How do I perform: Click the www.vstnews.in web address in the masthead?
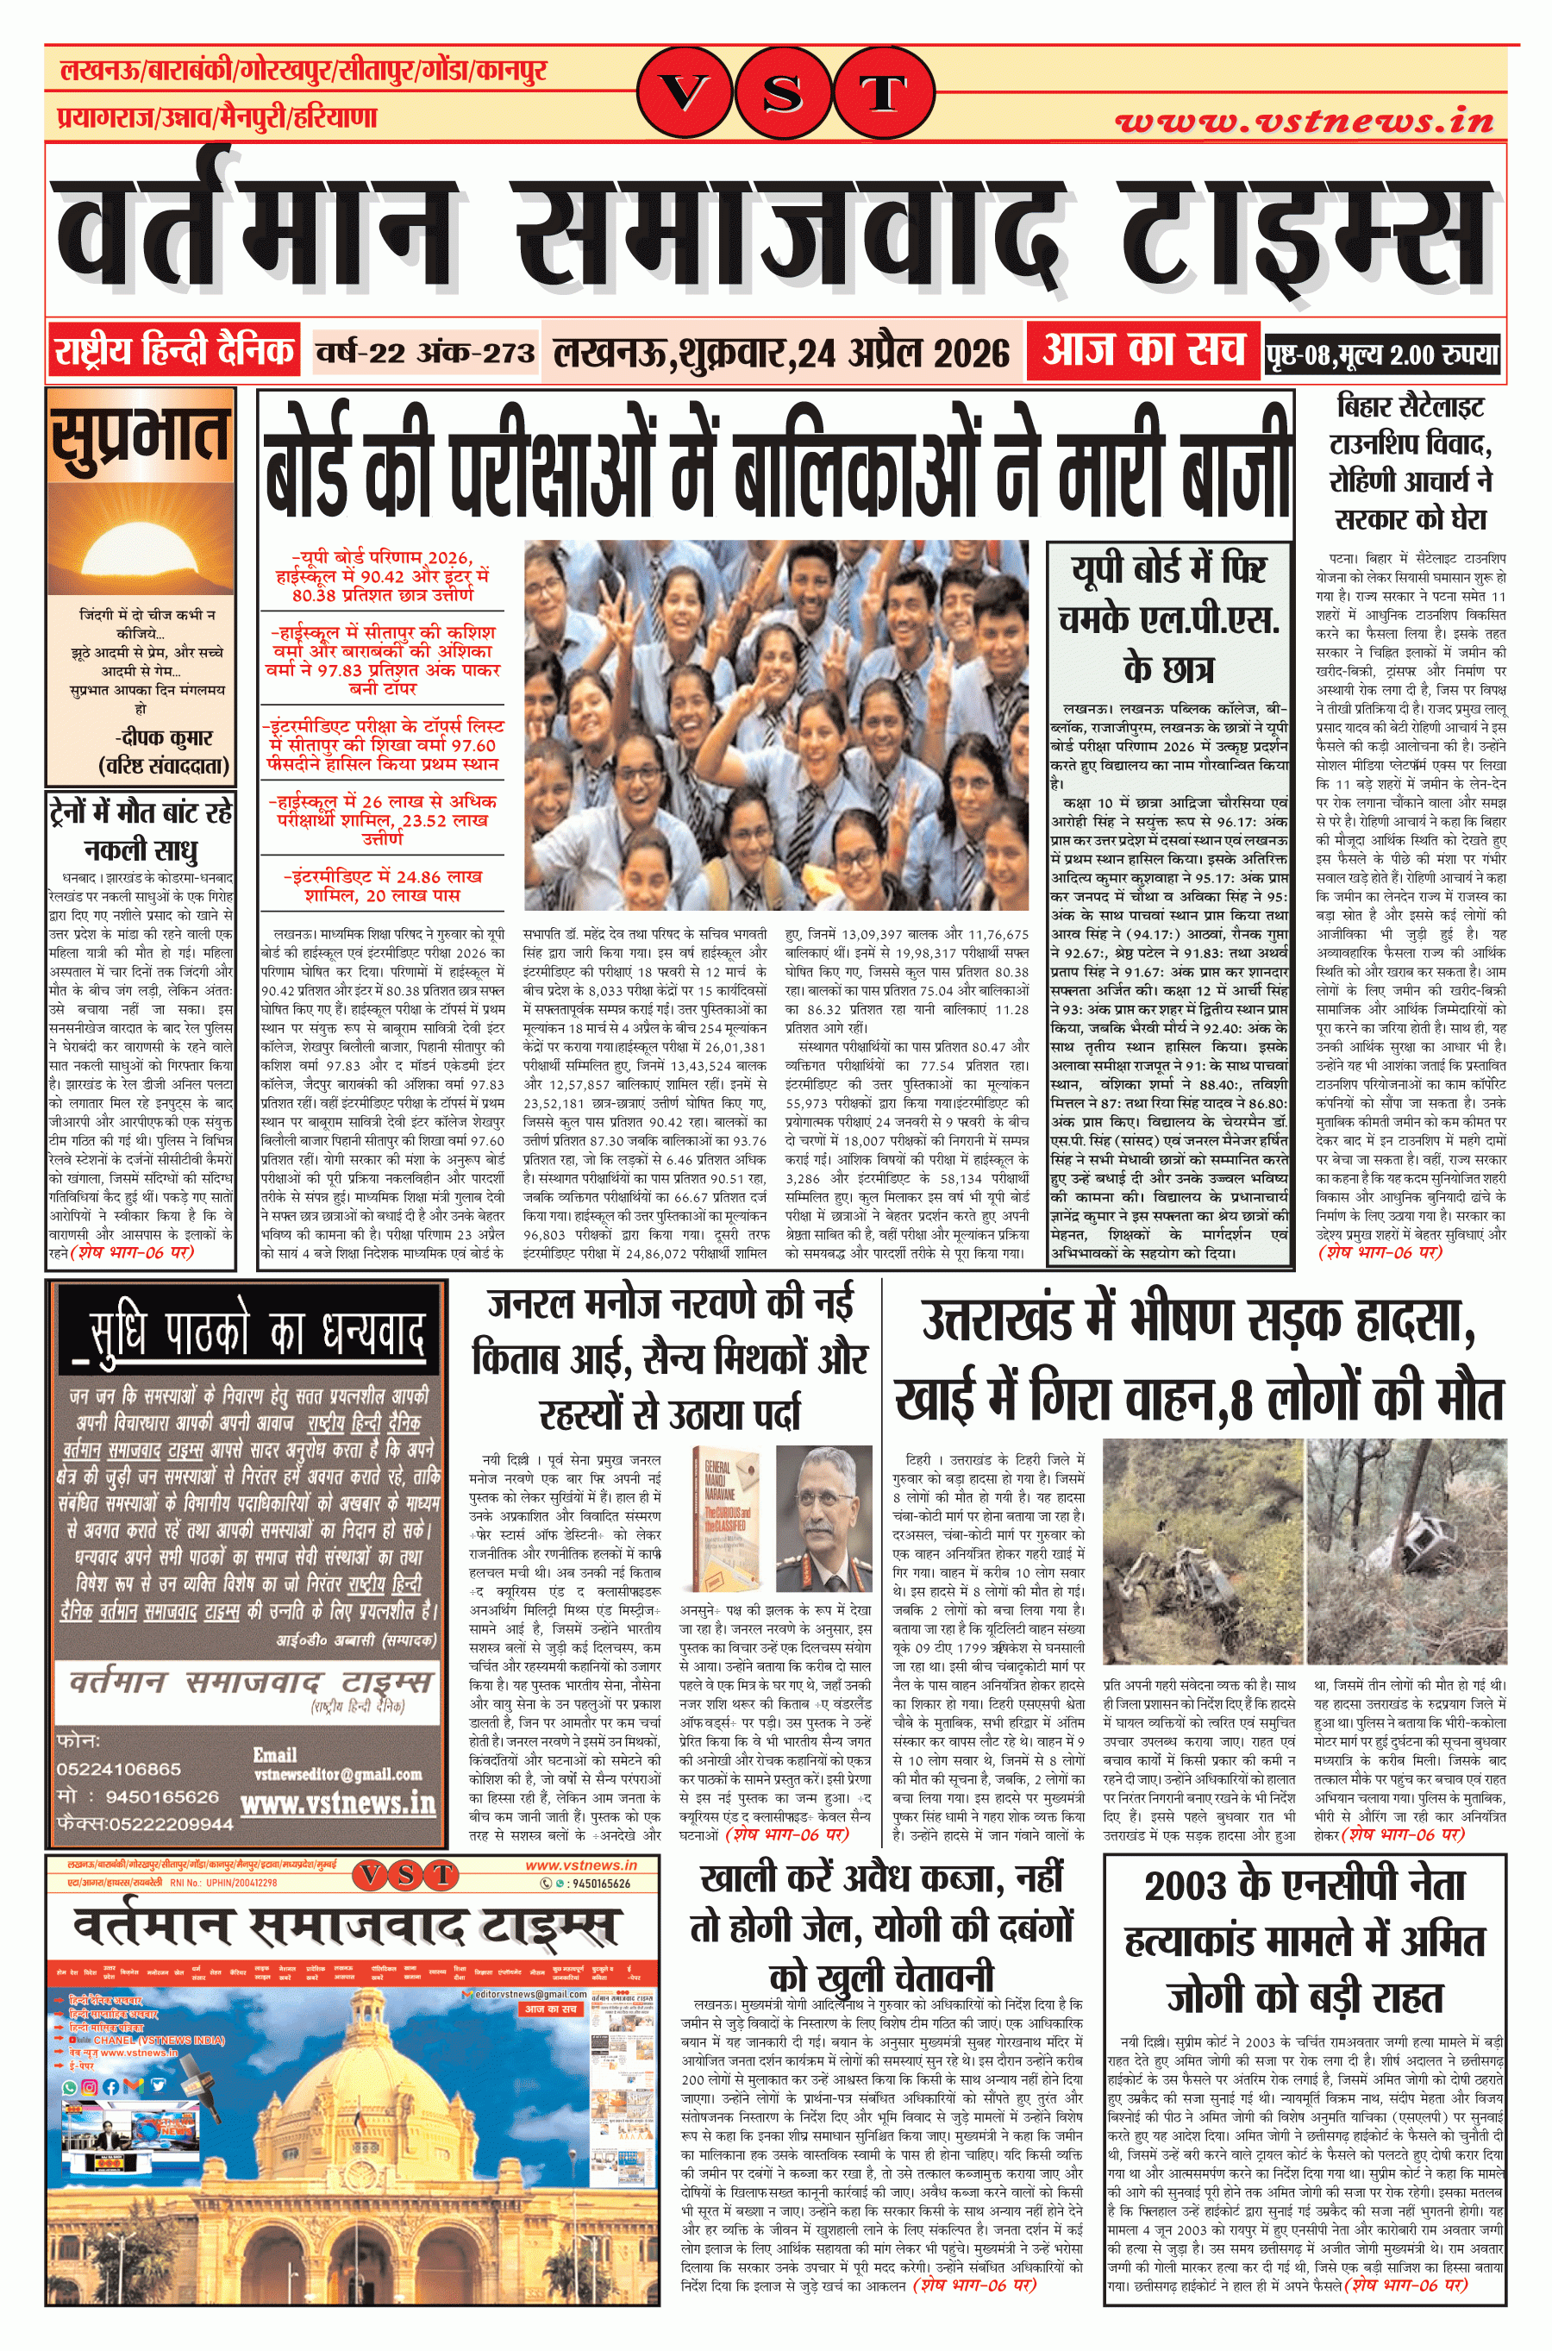click(x=1304, y=122)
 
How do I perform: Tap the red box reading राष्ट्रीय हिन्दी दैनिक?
click(x=174, y=349)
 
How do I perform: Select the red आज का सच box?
click(x=1142, y=348)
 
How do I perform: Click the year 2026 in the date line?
click(x=971, y=353)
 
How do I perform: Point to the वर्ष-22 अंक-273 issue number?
click(x=424, y=353)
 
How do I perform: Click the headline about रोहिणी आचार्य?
click(x=1410, y=461)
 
